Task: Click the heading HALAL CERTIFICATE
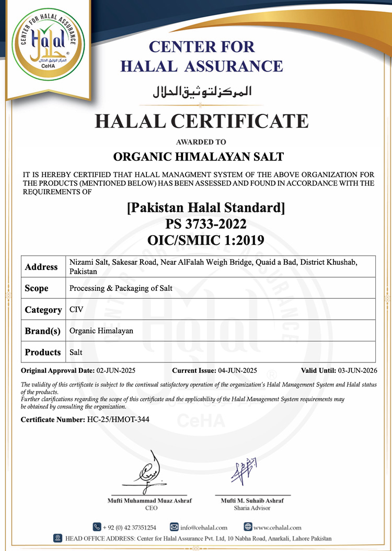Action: (201, 121)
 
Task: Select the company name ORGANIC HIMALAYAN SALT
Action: (199, 156)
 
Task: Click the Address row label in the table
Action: (41, 267)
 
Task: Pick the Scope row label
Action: (37, 288)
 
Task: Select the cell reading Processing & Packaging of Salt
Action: (121, 288)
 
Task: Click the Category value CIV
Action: (76, 309)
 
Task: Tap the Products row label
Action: (43, 352)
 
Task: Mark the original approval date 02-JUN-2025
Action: (116, 370)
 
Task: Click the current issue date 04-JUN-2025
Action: (237, 370)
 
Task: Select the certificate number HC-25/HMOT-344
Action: (112, 419)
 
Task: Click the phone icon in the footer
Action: (97, 527)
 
